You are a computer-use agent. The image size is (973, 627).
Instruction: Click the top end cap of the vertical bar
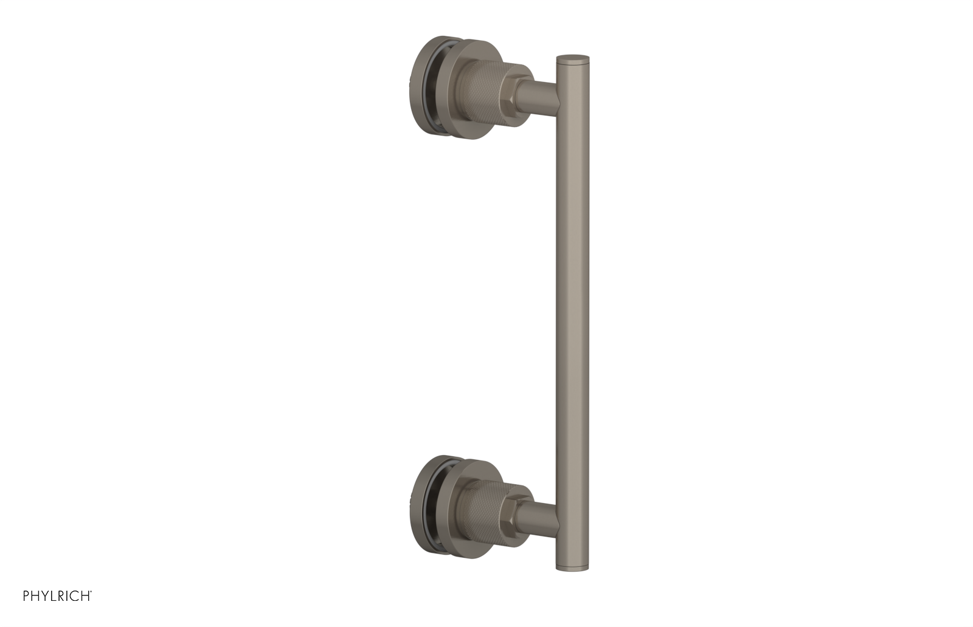tap(572, 58)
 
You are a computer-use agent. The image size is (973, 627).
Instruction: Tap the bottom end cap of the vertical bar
tap(572, 568)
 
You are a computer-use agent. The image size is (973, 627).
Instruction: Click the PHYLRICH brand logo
tap(57, 596)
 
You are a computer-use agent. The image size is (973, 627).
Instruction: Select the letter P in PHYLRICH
tap(27, 596)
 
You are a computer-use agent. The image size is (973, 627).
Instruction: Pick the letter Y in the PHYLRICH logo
tap(46, 596)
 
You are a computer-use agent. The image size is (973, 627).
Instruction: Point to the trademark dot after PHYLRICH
tap(91, 592)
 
